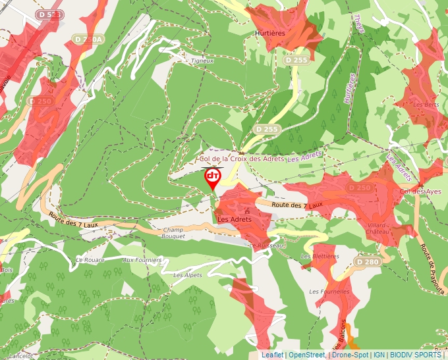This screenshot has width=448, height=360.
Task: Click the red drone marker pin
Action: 213,178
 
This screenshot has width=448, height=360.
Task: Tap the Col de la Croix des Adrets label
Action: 242,159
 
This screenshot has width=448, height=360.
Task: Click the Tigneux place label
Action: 202,61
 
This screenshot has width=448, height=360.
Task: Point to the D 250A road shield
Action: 90,39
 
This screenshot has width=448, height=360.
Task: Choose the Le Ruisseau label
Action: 266,245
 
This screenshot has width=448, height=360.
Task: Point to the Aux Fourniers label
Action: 142,260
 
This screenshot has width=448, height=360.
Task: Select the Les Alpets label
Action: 187,275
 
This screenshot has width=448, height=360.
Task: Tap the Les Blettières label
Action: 320,256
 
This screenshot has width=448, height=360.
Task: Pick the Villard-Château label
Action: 378,228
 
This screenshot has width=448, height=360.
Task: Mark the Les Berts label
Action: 426,105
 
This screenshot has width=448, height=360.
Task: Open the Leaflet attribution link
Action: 272,355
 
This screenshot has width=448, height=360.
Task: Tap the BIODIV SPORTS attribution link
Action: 415,355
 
